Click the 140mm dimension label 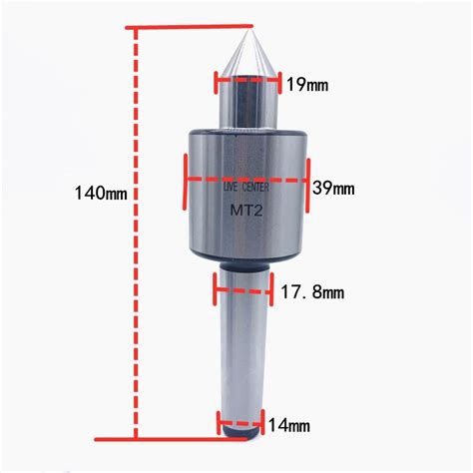point(101,193)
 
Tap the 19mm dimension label point(307,85)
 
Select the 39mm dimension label point(333,189)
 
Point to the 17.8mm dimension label point(312,292)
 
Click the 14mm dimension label point(289,425)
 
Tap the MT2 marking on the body point(246,211)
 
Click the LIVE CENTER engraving point(245,188)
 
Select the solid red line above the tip point(189,27)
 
